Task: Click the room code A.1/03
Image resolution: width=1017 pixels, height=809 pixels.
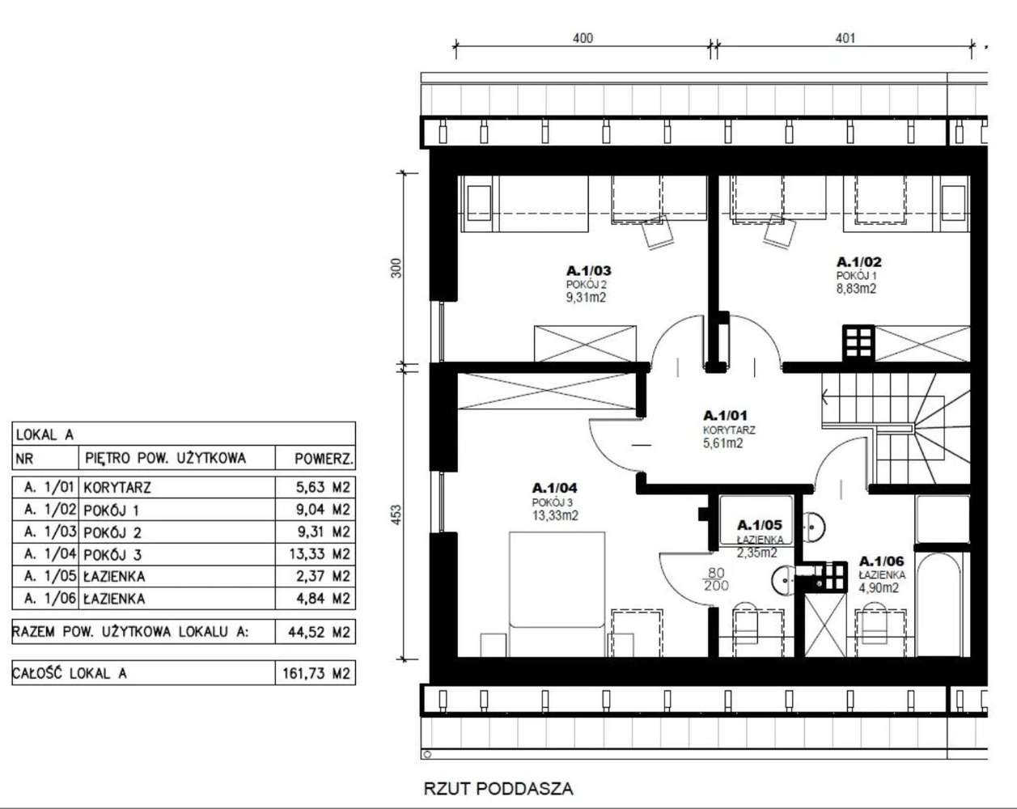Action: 588,271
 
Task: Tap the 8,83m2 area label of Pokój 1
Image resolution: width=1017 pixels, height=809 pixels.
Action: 856,288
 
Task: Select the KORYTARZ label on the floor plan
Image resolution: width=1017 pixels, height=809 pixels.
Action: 729,430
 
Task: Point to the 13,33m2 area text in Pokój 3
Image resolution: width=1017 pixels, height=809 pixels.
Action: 555,515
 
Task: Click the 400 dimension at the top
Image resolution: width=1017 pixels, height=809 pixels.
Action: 583,38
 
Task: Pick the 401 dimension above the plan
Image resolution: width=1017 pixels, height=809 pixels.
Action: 845,38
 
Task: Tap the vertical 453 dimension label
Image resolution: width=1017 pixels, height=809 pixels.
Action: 396,515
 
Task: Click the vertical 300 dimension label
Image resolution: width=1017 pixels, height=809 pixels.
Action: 396,268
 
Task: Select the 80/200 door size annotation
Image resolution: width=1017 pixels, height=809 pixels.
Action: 716,579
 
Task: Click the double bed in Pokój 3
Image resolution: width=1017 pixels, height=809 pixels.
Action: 557,594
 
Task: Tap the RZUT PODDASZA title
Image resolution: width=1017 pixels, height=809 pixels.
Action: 498,789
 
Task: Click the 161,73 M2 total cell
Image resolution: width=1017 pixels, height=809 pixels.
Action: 316,673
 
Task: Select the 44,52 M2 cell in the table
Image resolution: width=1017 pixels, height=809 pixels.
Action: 319,632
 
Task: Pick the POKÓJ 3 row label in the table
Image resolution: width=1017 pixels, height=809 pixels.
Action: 112,555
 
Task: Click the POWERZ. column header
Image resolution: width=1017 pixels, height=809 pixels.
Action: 324,459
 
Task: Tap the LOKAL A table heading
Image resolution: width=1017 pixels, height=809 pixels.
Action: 44,434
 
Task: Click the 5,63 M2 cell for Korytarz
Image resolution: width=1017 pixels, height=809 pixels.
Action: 323,487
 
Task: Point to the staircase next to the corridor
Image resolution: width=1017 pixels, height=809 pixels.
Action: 896,428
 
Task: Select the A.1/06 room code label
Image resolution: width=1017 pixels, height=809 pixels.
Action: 881,561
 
